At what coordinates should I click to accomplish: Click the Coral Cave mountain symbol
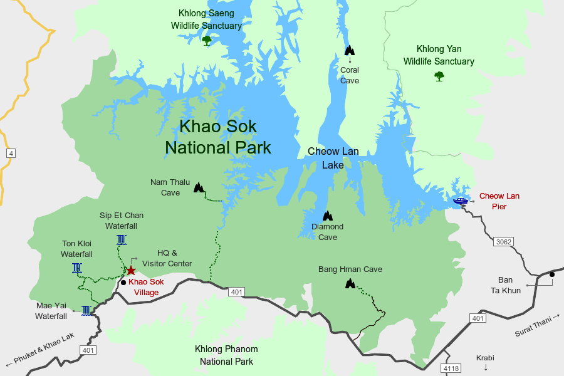coord(350,50)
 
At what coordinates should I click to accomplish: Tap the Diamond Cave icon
coord(326,216)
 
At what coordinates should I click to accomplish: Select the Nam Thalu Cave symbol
coord(199,187)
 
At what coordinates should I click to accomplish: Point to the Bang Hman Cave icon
coord(350,283)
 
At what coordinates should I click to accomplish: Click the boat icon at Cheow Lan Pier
coord(461,201)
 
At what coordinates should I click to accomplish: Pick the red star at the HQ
coord(131,270)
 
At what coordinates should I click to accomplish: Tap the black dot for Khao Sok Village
coord(123,282)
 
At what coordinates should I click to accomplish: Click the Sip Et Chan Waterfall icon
coord(122,239)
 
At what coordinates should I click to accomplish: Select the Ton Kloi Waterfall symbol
coord(76,268)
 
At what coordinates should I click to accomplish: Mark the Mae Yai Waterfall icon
coord(86,310)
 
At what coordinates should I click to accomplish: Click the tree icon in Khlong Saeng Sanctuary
coord(207,41)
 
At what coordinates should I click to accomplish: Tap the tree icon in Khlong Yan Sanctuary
coord(439,76)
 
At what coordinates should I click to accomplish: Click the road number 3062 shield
coord(503,242)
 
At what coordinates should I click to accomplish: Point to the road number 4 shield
coord(11,153)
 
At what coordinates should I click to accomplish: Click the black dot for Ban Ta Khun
coord(552,274)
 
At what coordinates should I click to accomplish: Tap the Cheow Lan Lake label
coord(333,158)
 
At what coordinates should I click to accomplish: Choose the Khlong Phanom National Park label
coord(226,355)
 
